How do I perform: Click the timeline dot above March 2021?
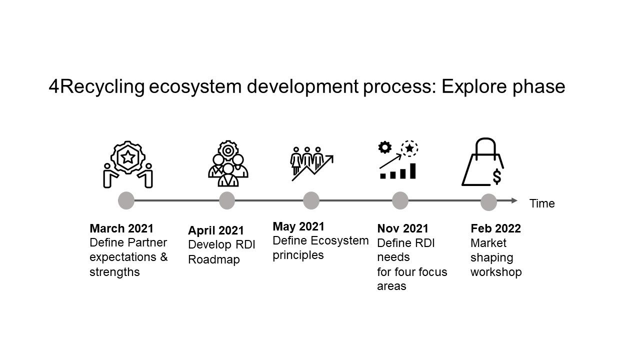click(126, 200)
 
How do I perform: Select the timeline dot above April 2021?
click(227, 200)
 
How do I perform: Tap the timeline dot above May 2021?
click(311, 200)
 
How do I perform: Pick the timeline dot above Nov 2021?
click(400, 200)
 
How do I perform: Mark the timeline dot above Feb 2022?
click(489, 202)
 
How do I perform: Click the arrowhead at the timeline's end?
click(514, 200)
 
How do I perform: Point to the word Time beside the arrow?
click(542, 203)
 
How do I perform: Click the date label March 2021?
click(121, 228)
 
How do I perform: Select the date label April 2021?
click(216, 230)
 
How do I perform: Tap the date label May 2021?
click(298, 226)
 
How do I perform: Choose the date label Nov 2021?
click(403, 228)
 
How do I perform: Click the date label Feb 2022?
click(495, 228)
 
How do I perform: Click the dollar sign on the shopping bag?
click(497, 176)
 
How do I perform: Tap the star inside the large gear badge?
click(127, 157)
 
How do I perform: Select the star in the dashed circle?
click(409, 148)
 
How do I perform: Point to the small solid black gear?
click(385, 147)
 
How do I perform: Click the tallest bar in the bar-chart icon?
click(413, 171)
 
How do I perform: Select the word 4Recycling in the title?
click(96, 86)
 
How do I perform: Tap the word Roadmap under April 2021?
click(214, 259)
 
